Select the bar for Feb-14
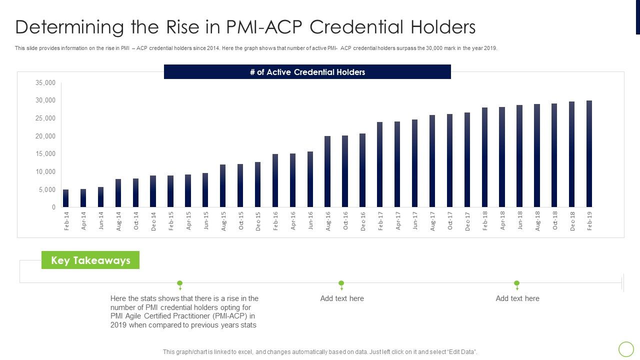[x=66, y=198]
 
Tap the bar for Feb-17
[x=380, y=164]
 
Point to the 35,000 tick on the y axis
[x=46, y=83]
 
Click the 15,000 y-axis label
[x=46, y=154]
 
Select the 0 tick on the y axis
[x=53, y=207]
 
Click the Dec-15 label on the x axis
[x=258, y=221]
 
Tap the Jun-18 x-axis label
[x=519, y=221]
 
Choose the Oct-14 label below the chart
[x=136, y=221]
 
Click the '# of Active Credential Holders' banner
[x=307, y=72]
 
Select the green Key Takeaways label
[x=90, y=260]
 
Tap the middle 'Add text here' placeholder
[x=342, y=298]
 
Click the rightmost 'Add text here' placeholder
[x=517, y=298]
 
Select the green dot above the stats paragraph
[x=180, y=283]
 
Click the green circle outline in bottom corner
[x=626, y=348]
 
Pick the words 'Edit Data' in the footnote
[x=460, y=352]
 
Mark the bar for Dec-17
[x=467, y=159]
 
